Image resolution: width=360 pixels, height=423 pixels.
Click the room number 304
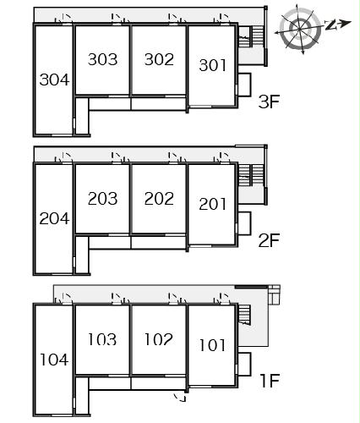tap(54, 80)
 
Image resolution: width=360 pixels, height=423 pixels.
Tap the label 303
tap(102, 59)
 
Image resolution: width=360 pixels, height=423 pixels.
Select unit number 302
tap(159, 59)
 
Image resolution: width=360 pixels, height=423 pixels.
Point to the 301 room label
tap(213, 65)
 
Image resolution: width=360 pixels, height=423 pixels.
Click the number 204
tap(54, 218)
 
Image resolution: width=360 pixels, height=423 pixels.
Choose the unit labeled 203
tap(102, 199)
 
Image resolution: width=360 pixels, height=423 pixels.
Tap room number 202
tap(159, 199)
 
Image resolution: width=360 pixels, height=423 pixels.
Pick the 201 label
tap(213, 205)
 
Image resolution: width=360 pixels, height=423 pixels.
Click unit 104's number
tap(54, 360)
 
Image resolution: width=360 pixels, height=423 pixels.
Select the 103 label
tap(102, 339)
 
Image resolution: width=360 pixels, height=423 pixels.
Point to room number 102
tap(159, 339)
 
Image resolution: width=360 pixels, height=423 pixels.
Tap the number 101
tap(213, 345)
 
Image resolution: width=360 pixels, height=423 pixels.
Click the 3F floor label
tap(269, 102)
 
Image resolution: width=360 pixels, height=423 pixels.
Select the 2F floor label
tap(269, 240)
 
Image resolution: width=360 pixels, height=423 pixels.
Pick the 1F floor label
tap(270, 381)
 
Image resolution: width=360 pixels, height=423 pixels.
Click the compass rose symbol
tap(300, 29)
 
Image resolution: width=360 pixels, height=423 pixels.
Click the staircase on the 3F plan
tap(251, 36)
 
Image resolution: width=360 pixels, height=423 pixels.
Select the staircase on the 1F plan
tap(244, 315)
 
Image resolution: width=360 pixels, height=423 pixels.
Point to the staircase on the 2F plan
tap(251, 175)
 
